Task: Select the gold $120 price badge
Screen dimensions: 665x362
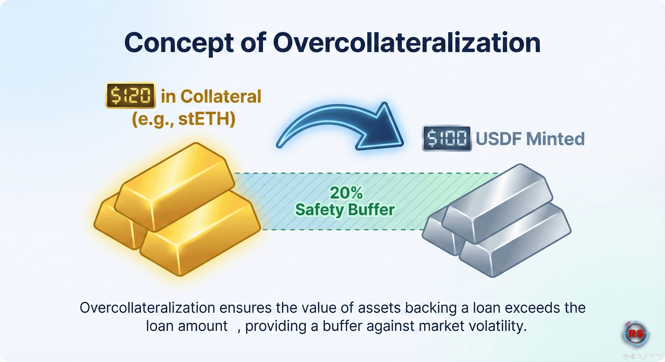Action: pyautogui.click(x=130, y=95)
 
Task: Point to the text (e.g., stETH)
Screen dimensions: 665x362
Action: pyautogui.click(x=183, y=119)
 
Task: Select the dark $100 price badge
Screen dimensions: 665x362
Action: pyautogui.click(x=447, y=139)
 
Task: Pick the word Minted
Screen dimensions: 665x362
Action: pyautogui.click(x=555, y=139)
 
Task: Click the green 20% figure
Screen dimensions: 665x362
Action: pyautogui.click(x=346, y=193)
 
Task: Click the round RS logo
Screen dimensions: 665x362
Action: pyautogui.click(x=636, y=334)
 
